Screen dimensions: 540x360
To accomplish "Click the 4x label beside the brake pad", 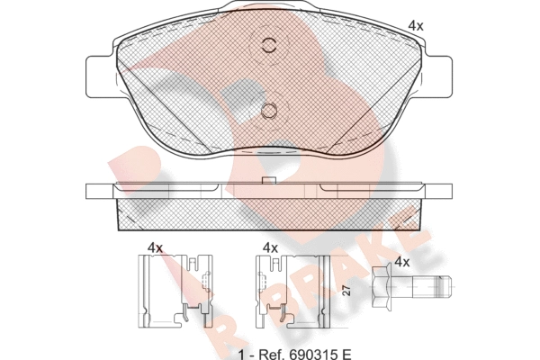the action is point(416,26).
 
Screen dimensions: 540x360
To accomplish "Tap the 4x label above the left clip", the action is point(155,247).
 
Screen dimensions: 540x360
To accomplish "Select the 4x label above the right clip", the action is point(270,247).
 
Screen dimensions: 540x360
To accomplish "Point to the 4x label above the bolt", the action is point(402,262).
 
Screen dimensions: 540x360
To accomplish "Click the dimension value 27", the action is point(347,292).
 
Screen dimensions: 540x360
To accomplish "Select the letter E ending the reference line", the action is point(346,354).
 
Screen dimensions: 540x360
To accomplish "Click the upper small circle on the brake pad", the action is point(269,45).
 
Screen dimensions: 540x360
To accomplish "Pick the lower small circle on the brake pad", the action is point(269,111).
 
